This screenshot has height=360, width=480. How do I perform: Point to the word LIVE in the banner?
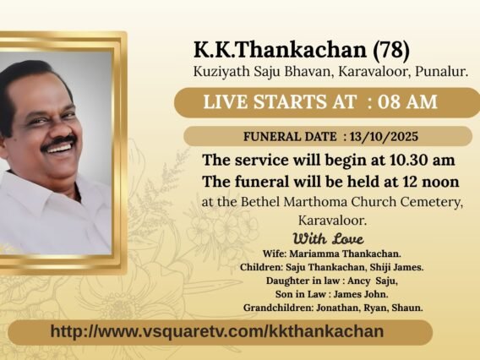pos(225,103)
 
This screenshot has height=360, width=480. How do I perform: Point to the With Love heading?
pos(328,237)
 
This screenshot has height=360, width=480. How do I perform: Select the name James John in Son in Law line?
pos(344,293)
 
